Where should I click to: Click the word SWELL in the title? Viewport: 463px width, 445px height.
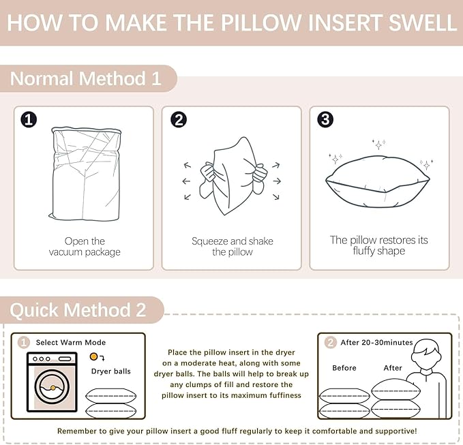(422, 22)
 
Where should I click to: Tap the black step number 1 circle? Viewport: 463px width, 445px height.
(29, 120)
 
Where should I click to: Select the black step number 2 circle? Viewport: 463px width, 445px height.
(179, 120)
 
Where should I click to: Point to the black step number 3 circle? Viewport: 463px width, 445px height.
(325, 119)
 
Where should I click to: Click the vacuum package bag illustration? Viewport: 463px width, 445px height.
(86, 174)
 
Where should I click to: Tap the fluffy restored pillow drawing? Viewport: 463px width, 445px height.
(378, 181)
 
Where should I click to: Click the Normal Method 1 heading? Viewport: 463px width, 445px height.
(86, 78)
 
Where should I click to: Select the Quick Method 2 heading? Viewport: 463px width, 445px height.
(78, 310)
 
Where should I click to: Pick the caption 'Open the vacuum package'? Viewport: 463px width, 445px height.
(85, 247)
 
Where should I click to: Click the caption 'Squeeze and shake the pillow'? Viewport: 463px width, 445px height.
(233, 247)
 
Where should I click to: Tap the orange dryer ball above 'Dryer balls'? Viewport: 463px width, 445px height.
(93, 356)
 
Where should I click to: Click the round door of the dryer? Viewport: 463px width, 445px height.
(52, 386)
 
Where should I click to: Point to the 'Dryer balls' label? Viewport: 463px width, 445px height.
(111, 371)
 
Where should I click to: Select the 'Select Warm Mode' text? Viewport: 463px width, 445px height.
(71, 342)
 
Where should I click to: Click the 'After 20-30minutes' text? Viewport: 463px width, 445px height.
(377, 342)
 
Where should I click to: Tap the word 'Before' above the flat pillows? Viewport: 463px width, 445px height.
(344, 368)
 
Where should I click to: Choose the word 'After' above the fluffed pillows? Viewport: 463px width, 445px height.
(393, 368)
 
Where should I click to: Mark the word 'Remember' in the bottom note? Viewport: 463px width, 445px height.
(76, 431)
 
